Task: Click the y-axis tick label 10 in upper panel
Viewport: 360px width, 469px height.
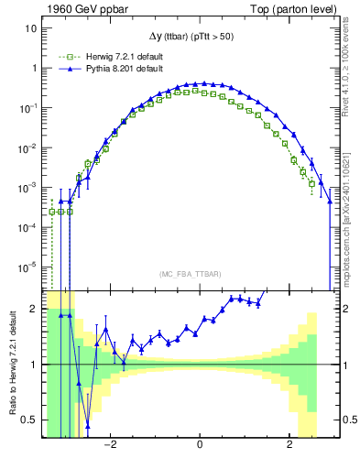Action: point(30,27)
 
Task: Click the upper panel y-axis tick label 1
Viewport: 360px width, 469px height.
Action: point(33,68)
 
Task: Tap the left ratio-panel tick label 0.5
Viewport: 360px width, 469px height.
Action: point(29,420)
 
